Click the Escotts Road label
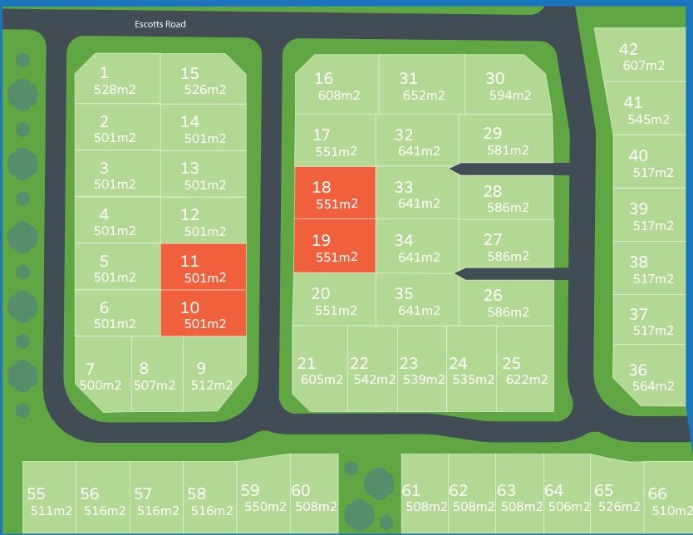pyautogui.click(x=160, y=24)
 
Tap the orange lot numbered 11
pyautogui.click(x=202, y=267)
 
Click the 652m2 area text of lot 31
pyautogui.click(x=424, y=96)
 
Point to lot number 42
pyautogui.click(x=628, y=50)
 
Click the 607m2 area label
pyautogui.click(x=643, y=66)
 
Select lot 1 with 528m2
pyautogui.click(x=116, y=81)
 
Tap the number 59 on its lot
pyautogui.click(x=250, y=491)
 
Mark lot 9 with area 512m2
pyautogui.click(x=213, y=376)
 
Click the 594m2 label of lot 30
pyautogui.click(x=510, y=96)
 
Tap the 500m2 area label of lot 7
pyautogui.click(x=101, y=385)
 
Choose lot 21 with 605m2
pyautogui.click(x=320, y=371)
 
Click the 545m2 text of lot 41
pyautogui.click(x=648, y=119)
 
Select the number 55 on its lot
pyautogui.click(x=36, y=494)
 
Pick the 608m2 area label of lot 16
pyautogui.click(x=339, y=96)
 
